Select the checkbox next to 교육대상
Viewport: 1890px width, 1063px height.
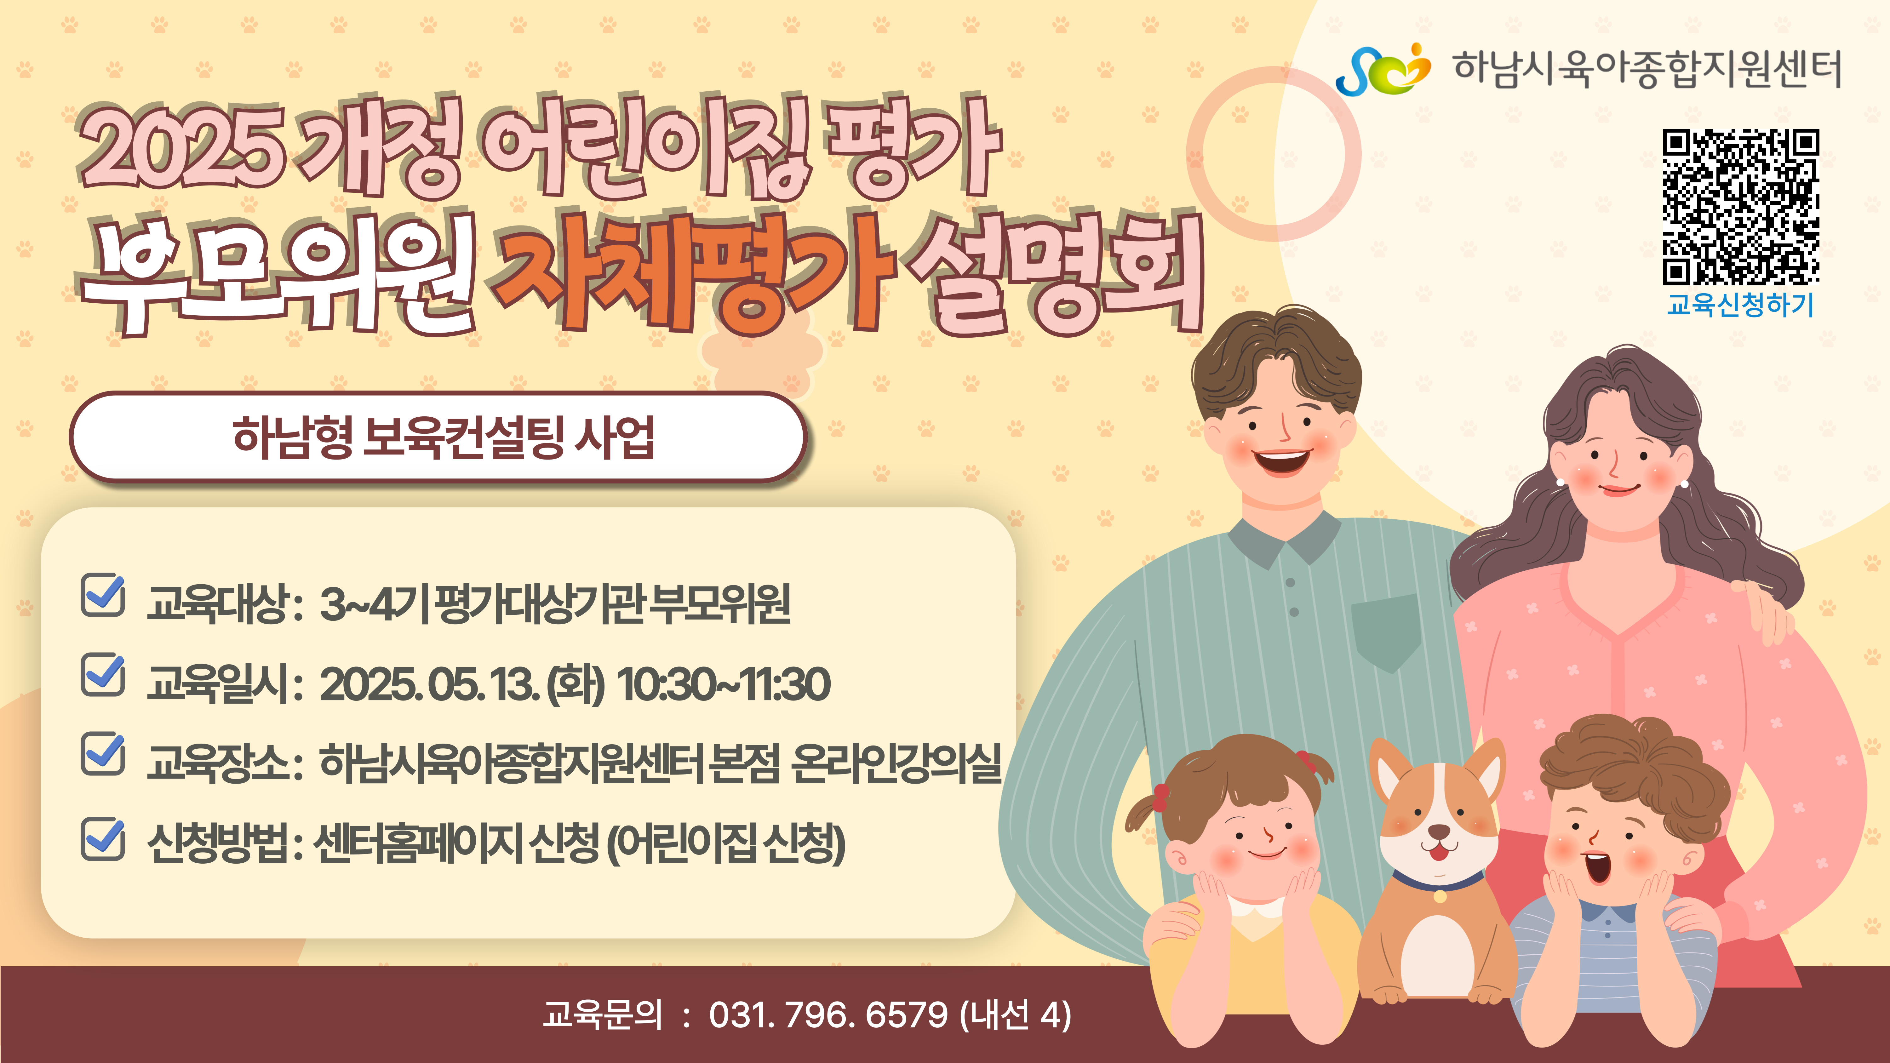[103, 595]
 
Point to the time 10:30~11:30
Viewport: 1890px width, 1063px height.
[724, 684]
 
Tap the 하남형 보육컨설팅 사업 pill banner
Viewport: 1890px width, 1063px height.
[439, 437]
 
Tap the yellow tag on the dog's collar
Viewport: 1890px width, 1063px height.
[1440, 896]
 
